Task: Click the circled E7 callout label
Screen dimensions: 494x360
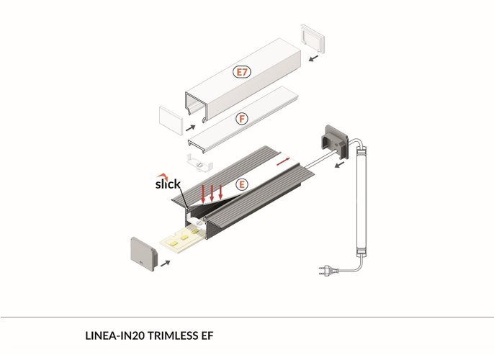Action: pos(242,72)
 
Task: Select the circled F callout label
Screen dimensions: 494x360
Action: pos(242,119)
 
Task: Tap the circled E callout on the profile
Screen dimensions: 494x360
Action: pos(242,184)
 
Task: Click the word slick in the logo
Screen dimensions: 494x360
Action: pos(168,184)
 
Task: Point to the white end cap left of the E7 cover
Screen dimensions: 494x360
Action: pos(171,121)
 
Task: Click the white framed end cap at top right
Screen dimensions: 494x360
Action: pos(313,38)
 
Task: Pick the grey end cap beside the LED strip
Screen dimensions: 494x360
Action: pos(144,254)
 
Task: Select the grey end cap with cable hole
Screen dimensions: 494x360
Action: pos(334,141)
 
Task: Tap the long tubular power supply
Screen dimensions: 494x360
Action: pos(361,202)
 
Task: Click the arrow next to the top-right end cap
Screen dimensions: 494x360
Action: pos(313,58)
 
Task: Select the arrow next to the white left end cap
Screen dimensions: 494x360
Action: pos(191,128)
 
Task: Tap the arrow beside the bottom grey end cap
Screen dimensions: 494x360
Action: pos(166,264)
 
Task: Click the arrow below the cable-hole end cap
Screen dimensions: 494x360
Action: pos(339,165)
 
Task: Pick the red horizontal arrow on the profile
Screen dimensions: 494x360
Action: pos(283,161)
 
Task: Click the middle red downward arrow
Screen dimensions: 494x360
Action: pos(212,193)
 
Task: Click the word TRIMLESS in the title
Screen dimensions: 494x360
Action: pos(172,336)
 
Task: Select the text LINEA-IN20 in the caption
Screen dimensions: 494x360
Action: pos(114,336)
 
